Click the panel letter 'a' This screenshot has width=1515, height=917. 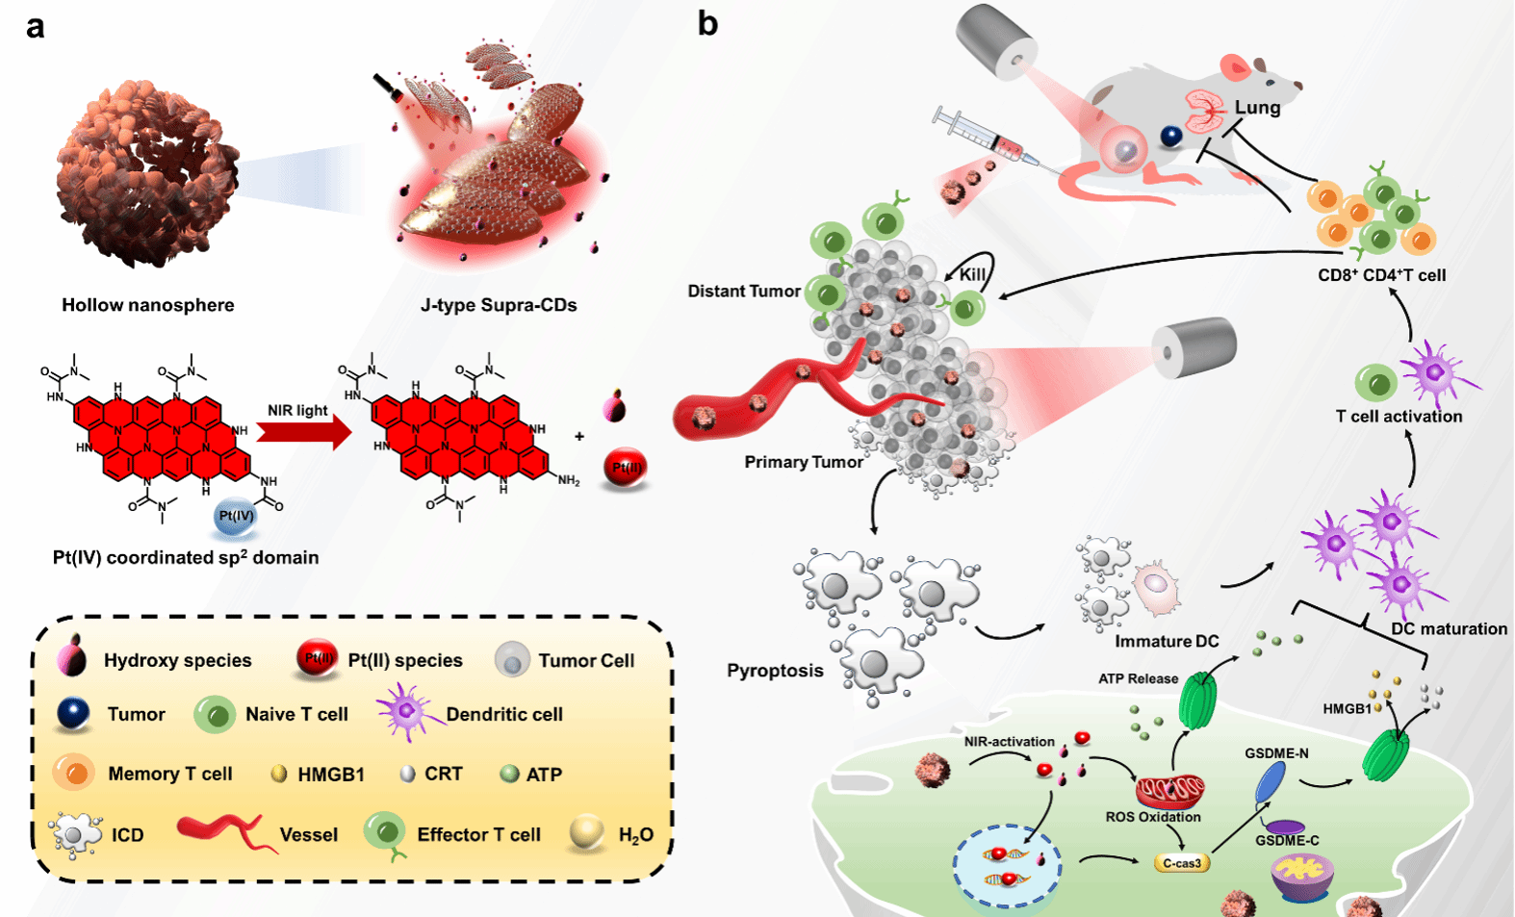(x=36, y=27)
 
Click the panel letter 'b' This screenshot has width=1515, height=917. (x=707, y=23)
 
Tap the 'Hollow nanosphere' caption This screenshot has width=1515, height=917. (x=147, y=305)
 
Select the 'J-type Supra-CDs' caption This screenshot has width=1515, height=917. (x=499, y=305)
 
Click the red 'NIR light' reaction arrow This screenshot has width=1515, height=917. (x=304, y=433)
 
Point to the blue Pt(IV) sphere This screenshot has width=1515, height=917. (x=236, y=516)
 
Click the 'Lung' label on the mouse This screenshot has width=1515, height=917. (x=1257, y=108)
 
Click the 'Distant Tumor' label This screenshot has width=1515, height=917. (x=743, y=291)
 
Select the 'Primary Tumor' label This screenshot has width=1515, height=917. (x=803, y=462)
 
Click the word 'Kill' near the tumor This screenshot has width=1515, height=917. (x=972, y=274)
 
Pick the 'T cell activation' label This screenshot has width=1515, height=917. (x=1399, y=417)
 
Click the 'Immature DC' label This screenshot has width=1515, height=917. (x=1167, y=641)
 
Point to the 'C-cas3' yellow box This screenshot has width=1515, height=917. (x=1181, y=863)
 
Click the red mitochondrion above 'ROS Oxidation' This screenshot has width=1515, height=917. (x=1169, y=791)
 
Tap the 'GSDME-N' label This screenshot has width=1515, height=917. (x=1276, y=753)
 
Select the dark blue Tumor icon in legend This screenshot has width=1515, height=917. (x=74, y=714)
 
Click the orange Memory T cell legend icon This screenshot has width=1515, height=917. (x=74, y=773)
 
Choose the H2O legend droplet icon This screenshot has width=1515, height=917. (x=586, y=833)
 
